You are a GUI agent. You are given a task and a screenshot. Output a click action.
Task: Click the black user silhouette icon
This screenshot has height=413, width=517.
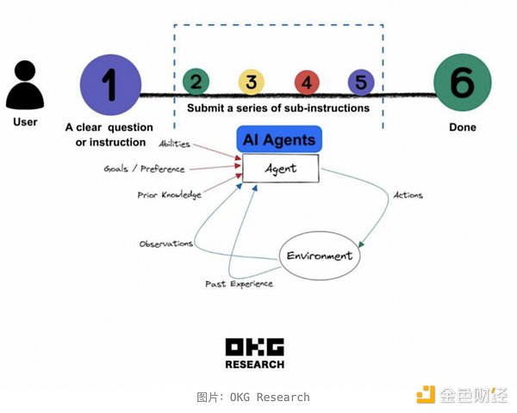[26, 84]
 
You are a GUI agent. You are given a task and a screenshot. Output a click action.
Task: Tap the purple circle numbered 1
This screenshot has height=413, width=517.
[109, 83]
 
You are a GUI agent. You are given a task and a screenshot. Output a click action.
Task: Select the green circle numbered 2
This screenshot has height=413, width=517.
[196, 83]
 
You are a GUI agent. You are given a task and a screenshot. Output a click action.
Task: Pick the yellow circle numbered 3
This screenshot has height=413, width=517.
[251, 83]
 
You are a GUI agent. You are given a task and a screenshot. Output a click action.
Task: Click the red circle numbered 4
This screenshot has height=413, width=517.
[306, 83]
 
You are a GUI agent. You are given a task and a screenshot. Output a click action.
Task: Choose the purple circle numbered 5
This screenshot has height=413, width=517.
[361, 83]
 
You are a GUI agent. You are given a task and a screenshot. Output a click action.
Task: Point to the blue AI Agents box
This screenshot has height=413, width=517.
[278, 140]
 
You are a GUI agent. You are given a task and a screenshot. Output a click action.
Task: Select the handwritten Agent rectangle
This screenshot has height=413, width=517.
[280, 169]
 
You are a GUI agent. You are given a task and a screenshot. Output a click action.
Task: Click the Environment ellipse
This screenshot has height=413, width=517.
[320, 256]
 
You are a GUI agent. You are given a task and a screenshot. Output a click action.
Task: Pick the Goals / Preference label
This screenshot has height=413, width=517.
[144, 169]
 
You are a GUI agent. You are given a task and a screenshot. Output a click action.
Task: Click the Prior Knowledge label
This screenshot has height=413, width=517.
[169, 195]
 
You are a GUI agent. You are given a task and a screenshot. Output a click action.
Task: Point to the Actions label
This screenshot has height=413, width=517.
[408, 195]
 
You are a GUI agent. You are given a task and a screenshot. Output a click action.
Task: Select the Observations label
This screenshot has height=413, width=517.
[165, 243]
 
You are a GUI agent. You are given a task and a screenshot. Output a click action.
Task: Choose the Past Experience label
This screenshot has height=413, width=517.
[239, 283]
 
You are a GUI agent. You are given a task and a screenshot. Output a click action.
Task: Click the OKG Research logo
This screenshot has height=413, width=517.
[254, 353]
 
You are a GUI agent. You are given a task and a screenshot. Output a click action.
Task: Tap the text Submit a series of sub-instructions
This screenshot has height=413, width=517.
[278, 108]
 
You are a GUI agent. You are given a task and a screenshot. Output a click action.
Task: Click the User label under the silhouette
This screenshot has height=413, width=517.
[26, 121]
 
